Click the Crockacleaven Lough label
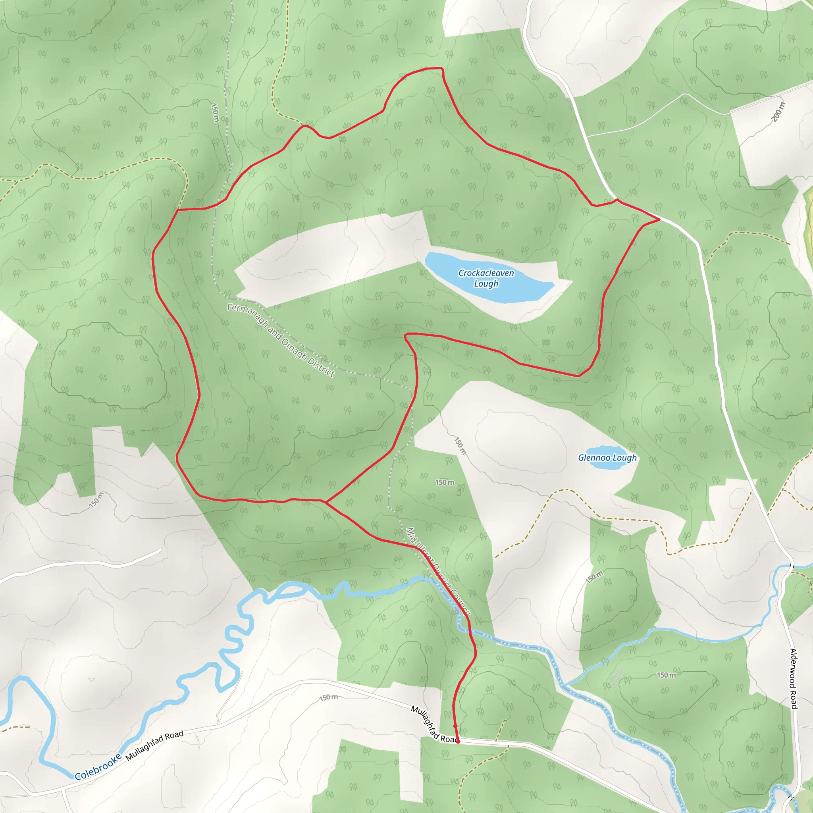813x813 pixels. [486, 278]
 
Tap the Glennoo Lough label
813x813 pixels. [607, 458]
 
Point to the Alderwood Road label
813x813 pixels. [794, 678]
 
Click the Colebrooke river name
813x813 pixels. [98, 767]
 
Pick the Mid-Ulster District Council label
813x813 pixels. [437, 573]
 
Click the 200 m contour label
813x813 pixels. [778, 112]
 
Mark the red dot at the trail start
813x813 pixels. [458, 742]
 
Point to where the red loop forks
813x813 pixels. [325, 502]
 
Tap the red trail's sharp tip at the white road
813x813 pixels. [659, 219]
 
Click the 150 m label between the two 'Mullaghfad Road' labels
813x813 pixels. [328, 698]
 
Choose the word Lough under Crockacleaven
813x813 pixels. [486, 283]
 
